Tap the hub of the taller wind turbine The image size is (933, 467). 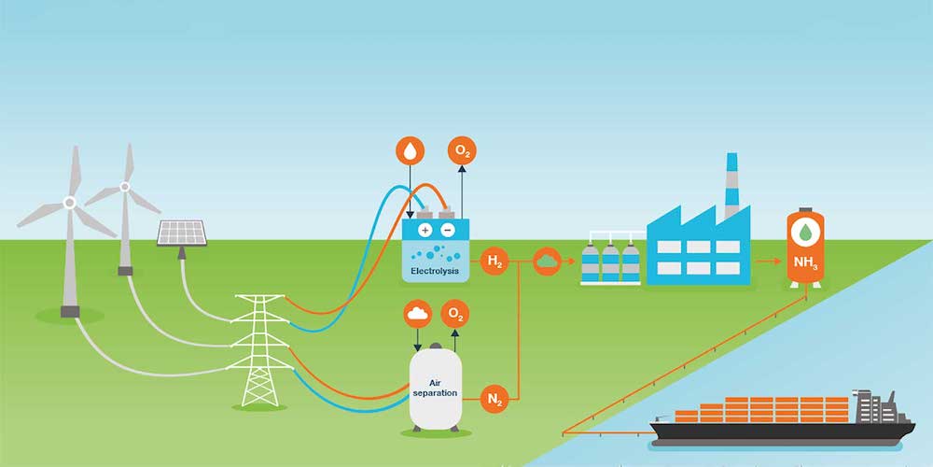(x=69, y=202)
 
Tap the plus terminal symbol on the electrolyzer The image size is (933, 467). (x=425, y=230)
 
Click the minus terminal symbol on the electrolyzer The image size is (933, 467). (x=447, y=230)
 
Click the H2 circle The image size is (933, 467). (x=494, y=262)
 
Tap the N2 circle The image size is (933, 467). (x=494, y=400)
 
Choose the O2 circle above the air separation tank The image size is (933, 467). (x=454, y=313)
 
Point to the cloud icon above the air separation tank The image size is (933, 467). (x=416, y=313)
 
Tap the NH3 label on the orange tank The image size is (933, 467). (x=805, y=262)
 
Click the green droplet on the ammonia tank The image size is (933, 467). (x=805, y=232)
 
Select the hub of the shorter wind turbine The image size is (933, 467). (x=124, y=188)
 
